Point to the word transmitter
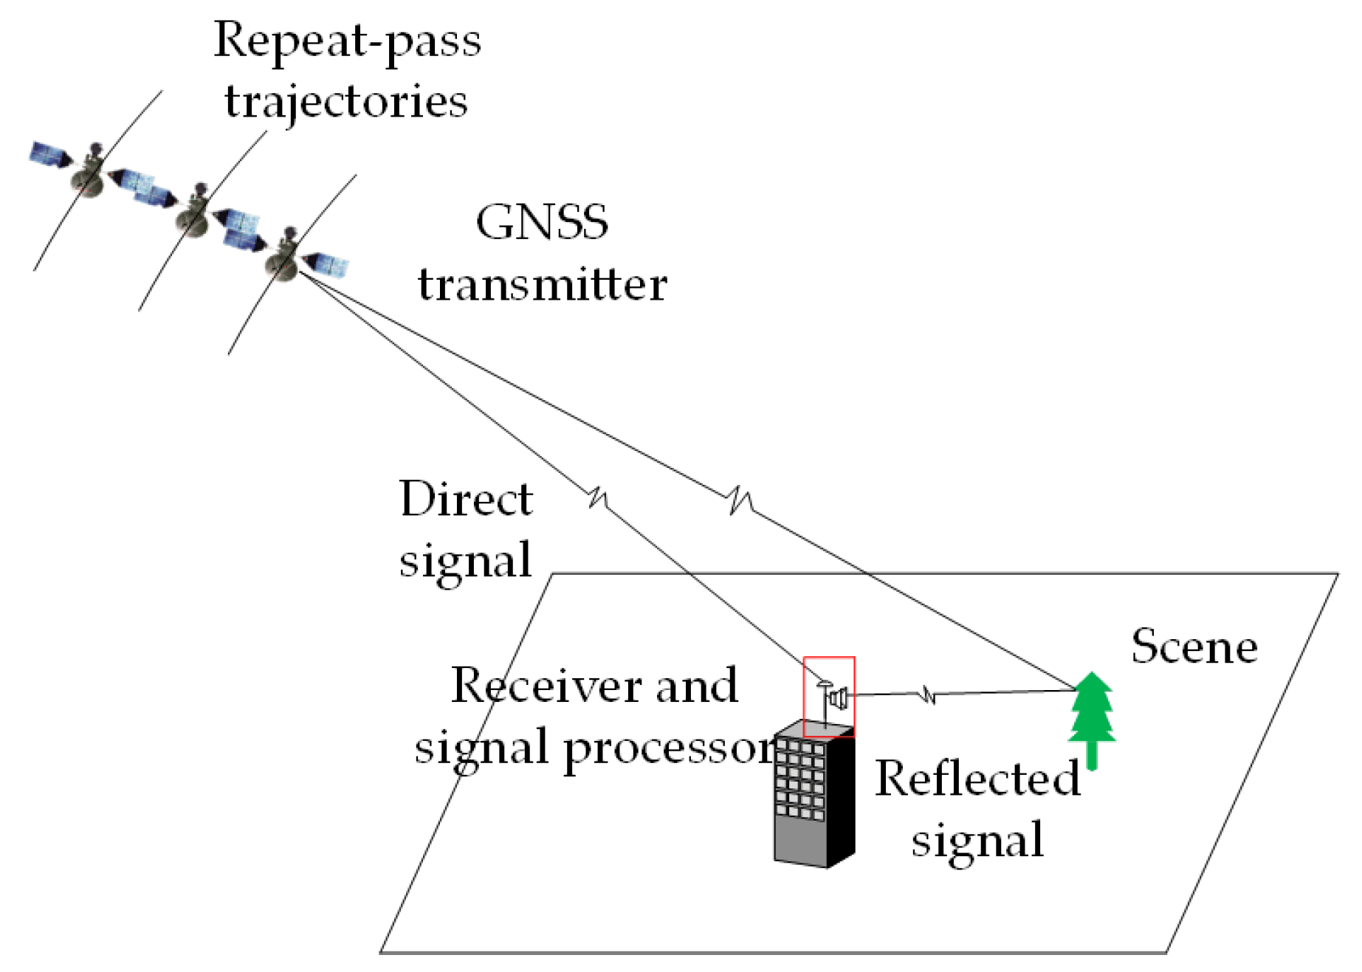pyautogui.click(x=543, y=284)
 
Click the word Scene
pyautogui.click(x=1194, y=647)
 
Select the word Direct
pyautogui.click(x=466, y=499)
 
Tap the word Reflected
pyautogui.click(x=977, y=778)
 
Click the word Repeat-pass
pyautogui.click(x=347, y=41)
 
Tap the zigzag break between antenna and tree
pyautogui.click(x=928, y=694)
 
